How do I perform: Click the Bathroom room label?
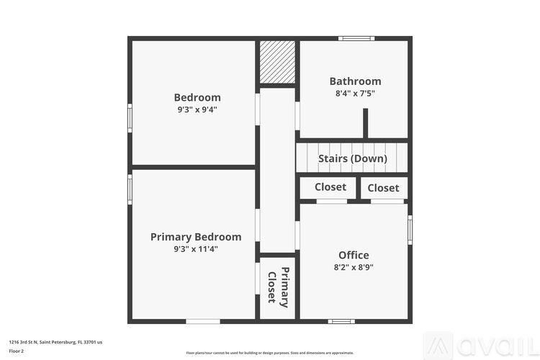click(x=355, y=81)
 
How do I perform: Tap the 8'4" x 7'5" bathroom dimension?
click(x=355, y=94)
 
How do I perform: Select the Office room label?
click(x=354, y=255)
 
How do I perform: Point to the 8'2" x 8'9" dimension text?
click(x=354, y=267)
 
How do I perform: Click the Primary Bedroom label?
click(x=196, y=237)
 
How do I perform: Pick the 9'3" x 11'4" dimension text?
click(x=196, y=249)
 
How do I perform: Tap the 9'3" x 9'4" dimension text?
click(x=197, y=109)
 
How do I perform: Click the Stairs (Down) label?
click(x=353, y=158)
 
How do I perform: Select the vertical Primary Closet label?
click(x=278, y=287)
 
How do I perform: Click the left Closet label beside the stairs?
click(x=330, y=187)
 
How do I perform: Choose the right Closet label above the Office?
click(x=383, y=188)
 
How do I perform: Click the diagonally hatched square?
click(x=278, y=62)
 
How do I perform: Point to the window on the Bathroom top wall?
click(x=356, y=38)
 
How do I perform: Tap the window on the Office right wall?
click(x=410, y=230)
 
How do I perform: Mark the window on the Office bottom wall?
click(x=341, y=321)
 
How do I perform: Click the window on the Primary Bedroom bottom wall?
click(x=203, y=321)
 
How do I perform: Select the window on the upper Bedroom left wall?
click(x=130, y=117)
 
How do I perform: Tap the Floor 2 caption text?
click(x=17, y=351)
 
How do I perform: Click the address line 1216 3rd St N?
click(x=55, y=342)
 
